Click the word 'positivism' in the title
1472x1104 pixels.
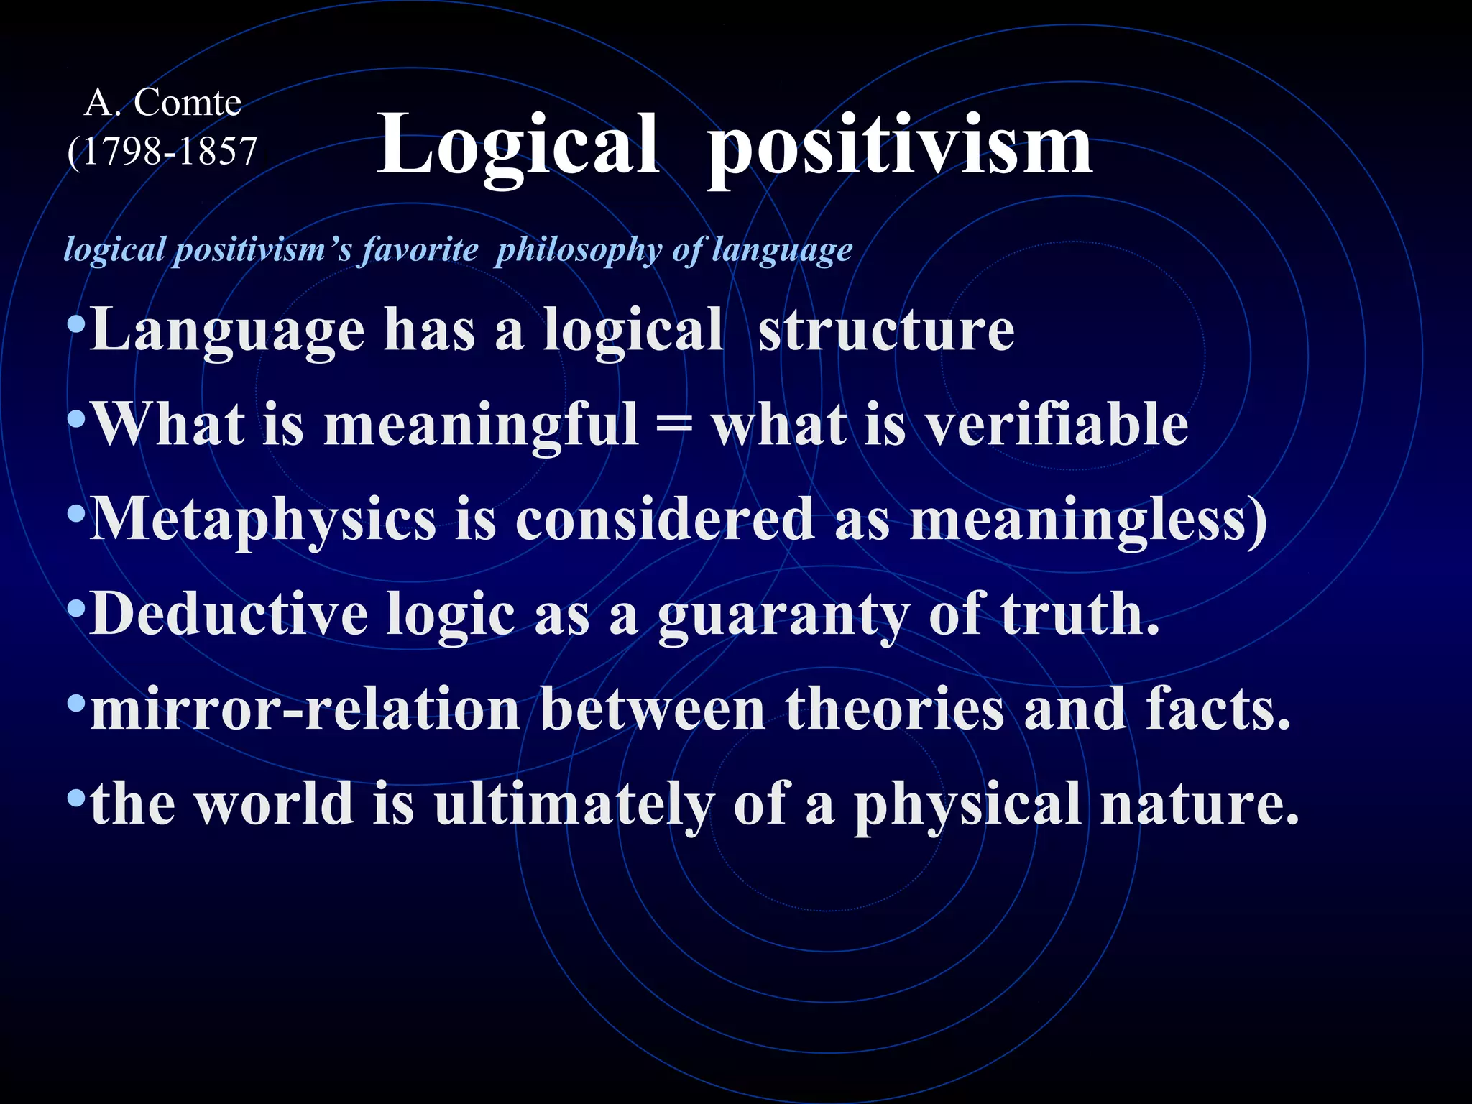click(900, 147)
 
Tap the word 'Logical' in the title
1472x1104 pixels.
click(517, 147)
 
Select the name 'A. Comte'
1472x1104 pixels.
click(163, 103)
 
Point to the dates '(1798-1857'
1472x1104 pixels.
click(162, 152)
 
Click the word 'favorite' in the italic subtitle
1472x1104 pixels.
click(420, 250)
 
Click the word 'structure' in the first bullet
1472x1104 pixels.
click(886, 331)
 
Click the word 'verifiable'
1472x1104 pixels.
click(1056, 425)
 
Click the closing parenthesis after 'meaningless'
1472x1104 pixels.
click(1257, 521)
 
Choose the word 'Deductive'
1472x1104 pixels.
click(229, 615)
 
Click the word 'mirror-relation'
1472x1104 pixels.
click(305, 709)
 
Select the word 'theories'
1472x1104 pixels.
click(894, 709)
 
